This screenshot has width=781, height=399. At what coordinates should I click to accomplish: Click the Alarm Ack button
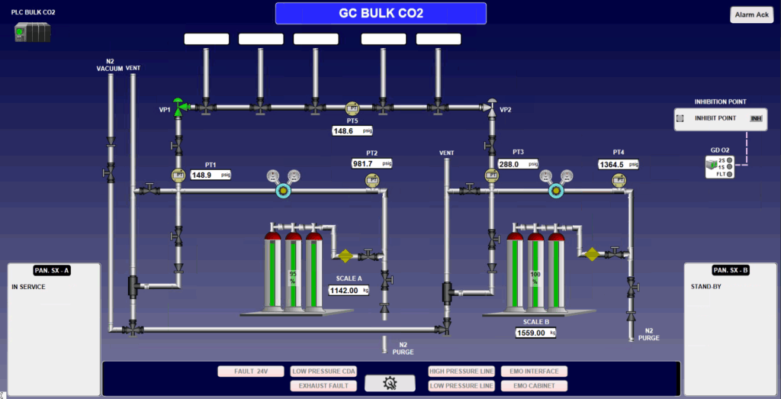751,14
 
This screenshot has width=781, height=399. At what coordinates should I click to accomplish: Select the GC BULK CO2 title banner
381,13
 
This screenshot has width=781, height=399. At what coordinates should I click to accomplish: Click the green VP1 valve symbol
178,106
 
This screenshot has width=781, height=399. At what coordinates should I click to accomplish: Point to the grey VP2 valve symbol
491,106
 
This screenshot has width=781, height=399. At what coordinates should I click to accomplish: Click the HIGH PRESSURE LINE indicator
461,372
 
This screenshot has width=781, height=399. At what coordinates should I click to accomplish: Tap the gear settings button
390,383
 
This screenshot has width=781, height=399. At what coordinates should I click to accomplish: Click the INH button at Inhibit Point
756,118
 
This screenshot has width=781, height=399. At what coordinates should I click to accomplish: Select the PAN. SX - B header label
730,270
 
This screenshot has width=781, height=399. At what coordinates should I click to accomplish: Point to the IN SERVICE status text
28,287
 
